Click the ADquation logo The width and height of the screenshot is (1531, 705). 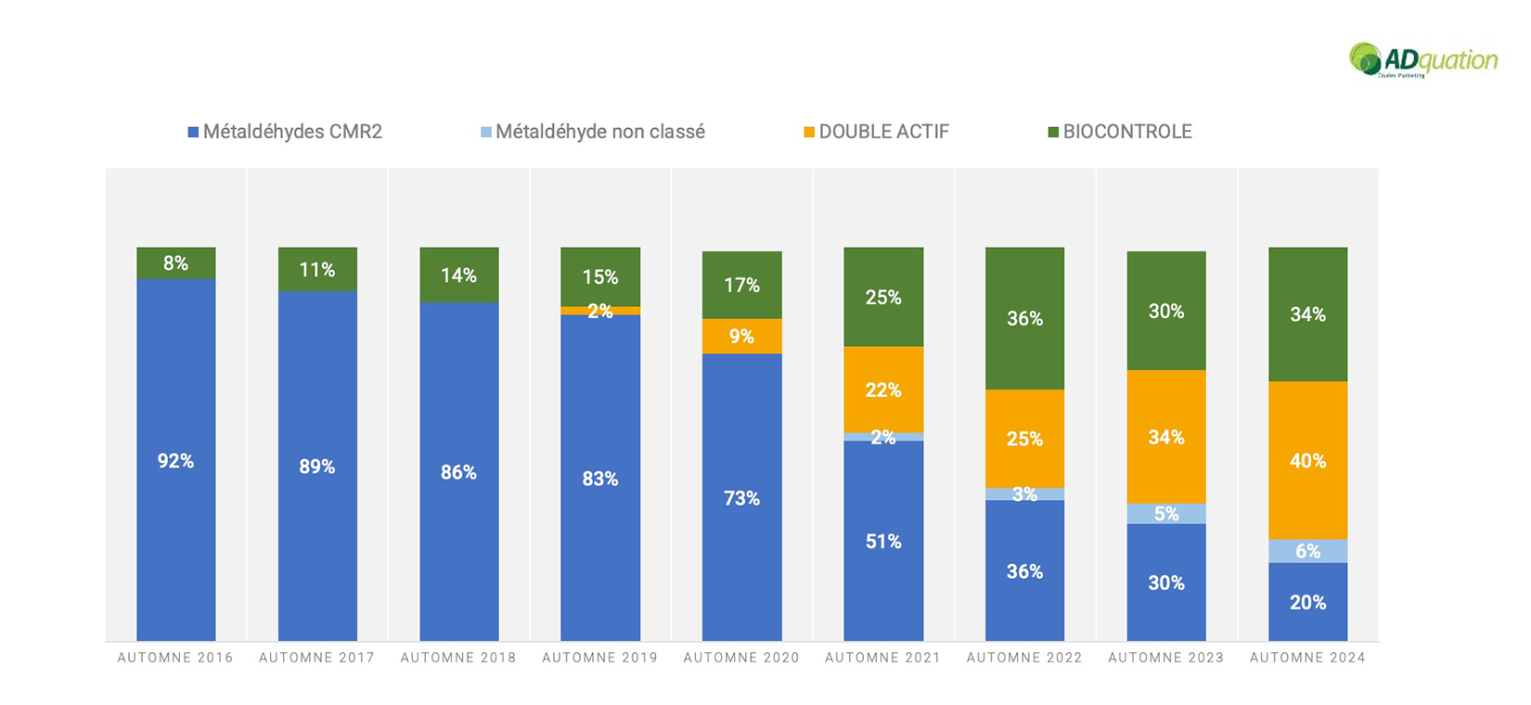coord(1422,60)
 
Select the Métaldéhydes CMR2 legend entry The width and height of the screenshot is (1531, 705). coord(286,132)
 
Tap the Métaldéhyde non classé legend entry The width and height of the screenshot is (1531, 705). coord(593,132)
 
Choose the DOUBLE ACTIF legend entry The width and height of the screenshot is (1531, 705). coord(877,132)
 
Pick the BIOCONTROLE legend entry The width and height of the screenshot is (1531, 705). coord(1120,132)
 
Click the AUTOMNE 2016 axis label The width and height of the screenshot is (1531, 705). coord(175,658)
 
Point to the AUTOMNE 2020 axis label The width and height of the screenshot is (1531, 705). coord(741,658)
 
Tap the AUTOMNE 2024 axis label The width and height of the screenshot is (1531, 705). coord(1307,658)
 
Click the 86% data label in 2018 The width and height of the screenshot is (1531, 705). coord(458,473)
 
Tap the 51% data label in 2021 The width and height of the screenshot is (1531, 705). coord(883,542)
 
